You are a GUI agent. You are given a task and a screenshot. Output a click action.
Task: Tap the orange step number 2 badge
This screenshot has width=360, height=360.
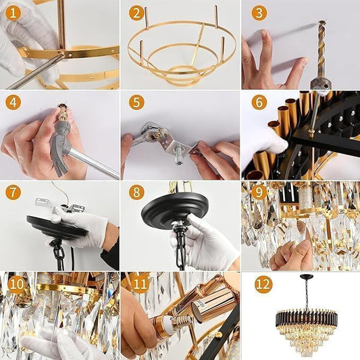pyautogui.click(x=136, y=13)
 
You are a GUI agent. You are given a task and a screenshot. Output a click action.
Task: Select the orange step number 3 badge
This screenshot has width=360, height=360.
pyautogui.click(x=259, y=13)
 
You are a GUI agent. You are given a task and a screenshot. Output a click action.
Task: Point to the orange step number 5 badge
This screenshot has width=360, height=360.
pyautogui.click(x=136, y=103)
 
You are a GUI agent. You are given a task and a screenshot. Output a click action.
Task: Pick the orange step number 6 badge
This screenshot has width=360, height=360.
pyautogui.click(x=259, y=103)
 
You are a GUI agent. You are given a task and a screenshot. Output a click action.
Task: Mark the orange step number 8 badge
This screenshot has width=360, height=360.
pyautogui.click(x=136, y=192)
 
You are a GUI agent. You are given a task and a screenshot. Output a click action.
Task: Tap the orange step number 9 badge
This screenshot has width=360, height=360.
pyautogui.click(x=259, y=192)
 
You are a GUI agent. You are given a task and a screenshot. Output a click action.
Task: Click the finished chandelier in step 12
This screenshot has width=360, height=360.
pyautogui.click(x=306, y=324)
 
